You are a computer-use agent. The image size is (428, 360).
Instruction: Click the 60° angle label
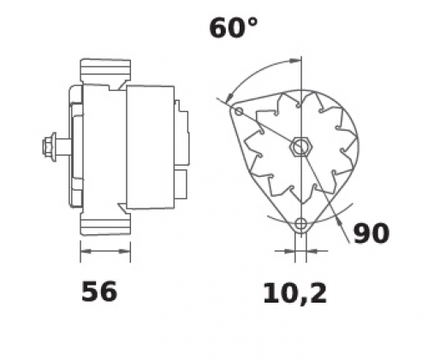[x=234, y=27]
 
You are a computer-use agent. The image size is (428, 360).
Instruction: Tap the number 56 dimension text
[x=99, y=292]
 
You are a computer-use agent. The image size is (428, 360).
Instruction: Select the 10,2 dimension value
[x=294, y=293]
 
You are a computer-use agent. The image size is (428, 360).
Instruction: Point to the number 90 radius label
[x=372, y=233]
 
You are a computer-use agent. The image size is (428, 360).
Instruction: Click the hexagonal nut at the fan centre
[x=301, y=147]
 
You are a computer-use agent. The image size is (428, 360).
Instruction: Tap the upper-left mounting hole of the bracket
[x=239, y=111]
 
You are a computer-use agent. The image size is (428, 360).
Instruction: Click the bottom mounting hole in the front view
[x=300, y=224]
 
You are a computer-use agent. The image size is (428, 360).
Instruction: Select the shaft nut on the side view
[x=50, y=147]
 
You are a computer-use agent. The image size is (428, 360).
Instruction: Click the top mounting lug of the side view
[x=105, y=71]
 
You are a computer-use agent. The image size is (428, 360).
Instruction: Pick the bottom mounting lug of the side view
[x=105, y=224]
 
